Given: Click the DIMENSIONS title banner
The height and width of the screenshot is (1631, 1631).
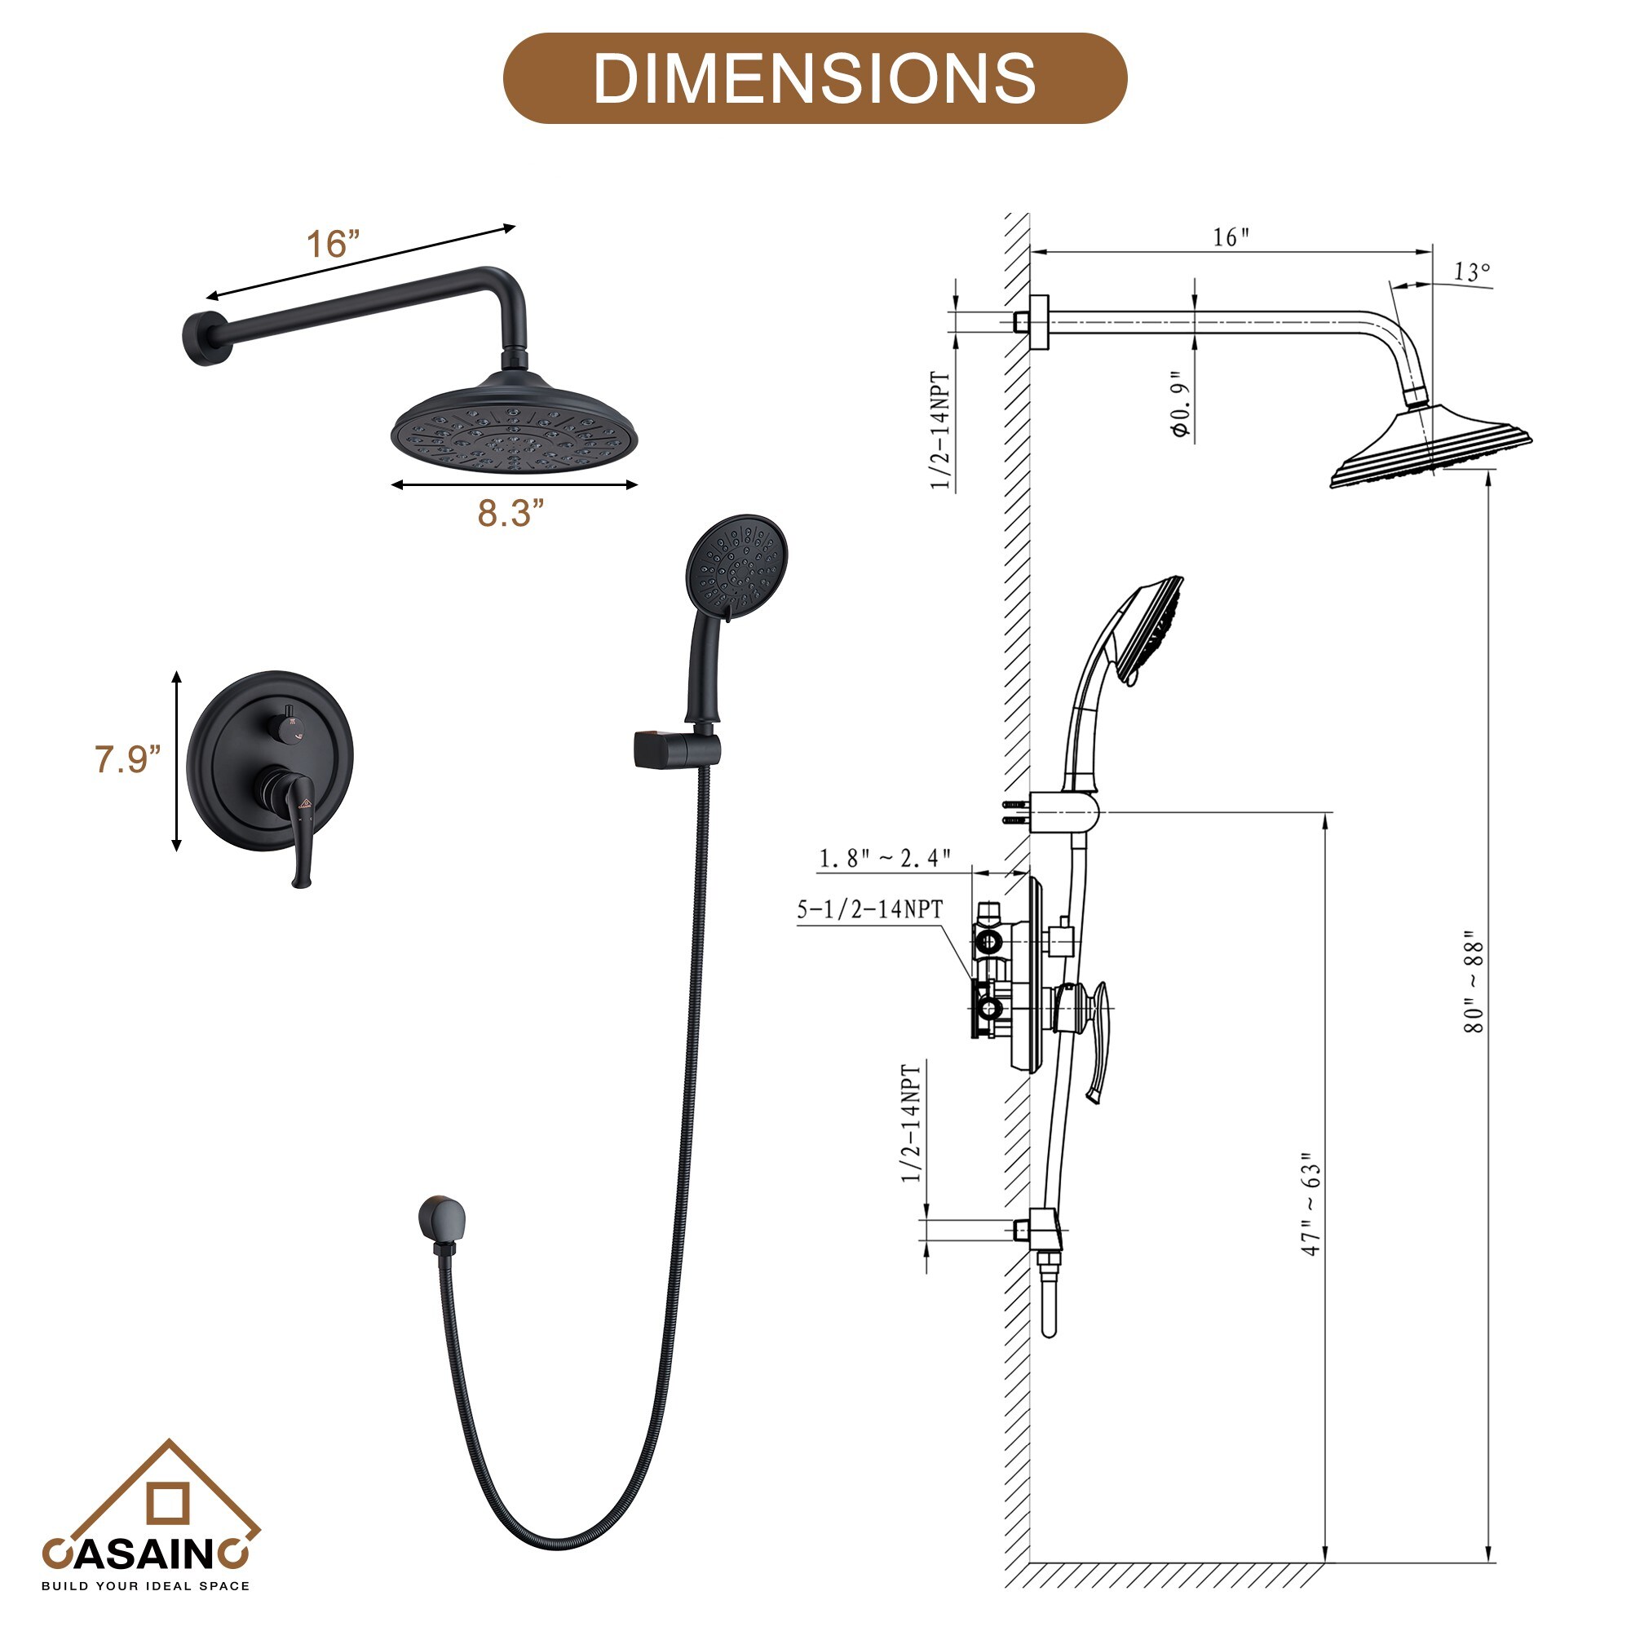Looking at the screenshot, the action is (815, 78).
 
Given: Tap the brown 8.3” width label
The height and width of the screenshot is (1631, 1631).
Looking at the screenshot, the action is (511, 512).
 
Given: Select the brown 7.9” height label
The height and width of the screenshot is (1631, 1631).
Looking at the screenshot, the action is (126, 759).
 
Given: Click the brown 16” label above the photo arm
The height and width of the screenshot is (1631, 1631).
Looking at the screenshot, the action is (333, 244).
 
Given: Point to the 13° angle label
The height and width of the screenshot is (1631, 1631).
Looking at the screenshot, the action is (1471, 272).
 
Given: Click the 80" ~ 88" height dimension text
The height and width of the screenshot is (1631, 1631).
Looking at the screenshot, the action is (1473, 981).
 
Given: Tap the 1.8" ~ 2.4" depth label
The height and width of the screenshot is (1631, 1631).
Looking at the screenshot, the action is (885, 858).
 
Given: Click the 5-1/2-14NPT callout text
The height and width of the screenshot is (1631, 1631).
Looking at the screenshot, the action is (869, 909).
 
